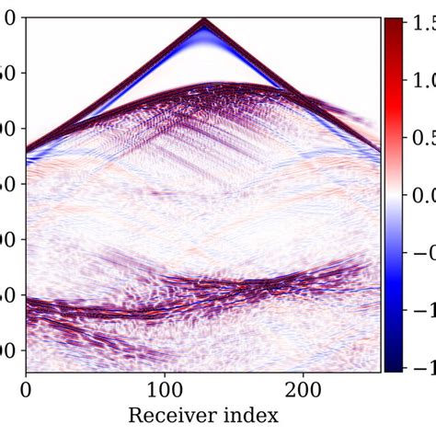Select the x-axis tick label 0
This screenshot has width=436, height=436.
26,390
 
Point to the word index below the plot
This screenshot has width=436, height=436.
248,416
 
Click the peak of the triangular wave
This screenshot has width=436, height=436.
203,19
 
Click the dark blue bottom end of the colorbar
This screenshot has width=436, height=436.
393,367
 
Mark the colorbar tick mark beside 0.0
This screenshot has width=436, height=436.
405,195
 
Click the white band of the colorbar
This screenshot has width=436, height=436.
393,195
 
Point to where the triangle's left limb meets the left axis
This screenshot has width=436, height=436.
27,148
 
